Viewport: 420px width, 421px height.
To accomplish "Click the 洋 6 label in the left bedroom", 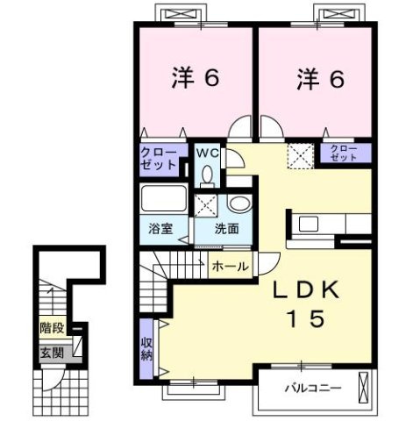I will (x=195, y=77).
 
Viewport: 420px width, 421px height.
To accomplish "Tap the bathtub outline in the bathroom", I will (x=163, y=200).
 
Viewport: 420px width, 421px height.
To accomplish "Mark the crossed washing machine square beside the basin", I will (x=209, y=206).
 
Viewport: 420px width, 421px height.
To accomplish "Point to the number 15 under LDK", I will (x=306, y=318).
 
